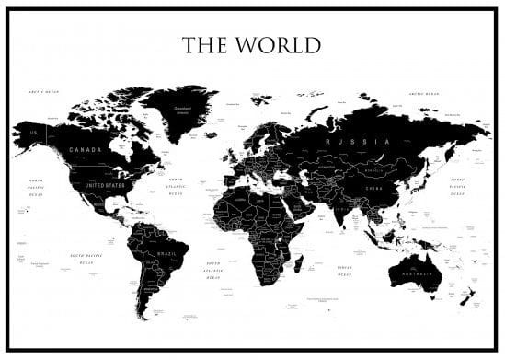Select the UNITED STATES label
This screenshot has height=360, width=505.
point(104,185)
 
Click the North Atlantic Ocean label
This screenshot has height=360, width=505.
point(176,189)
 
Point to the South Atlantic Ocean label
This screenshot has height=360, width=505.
point(213,270)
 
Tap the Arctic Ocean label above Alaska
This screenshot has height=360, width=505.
point(43,92)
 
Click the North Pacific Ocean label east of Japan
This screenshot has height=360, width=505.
point(457,184)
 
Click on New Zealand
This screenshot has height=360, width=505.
point(468,296)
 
